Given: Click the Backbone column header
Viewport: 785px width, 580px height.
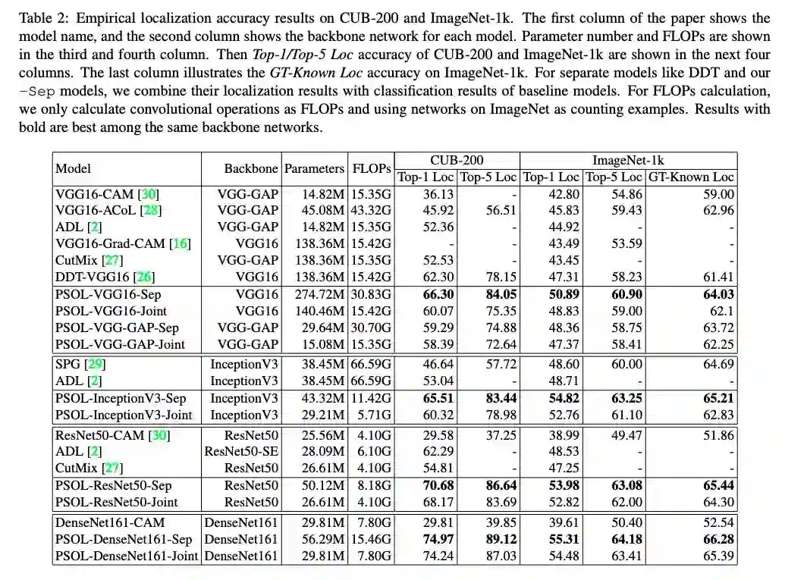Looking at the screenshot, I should (251, 168).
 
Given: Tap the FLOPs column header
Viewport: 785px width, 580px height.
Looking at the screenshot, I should (372, 168).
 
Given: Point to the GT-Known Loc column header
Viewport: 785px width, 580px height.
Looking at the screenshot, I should (691, 177).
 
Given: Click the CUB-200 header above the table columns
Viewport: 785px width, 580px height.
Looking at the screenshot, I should (457, 160).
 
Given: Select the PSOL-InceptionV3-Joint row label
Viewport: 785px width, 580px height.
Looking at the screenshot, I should (124, 415).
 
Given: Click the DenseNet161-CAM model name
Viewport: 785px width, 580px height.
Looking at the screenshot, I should (110, 522).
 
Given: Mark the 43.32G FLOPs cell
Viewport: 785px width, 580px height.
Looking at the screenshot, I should (371, 210).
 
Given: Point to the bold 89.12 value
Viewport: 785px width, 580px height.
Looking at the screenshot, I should (501, 539).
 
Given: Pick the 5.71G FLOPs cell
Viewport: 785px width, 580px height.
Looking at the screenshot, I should (374, 415).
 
